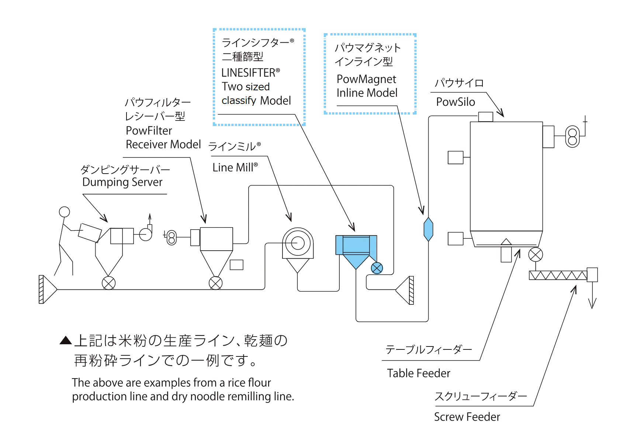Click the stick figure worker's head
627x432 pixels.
tap(65, 212)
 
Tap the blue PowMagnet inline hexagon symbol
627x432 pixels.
tap(428, 229)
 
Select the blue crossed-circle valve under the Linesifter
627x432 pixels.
tap(377, 268)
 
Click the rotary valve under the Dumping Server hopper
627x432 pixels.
tap(108, 283)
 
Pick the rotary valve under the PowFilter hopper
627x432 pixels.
tap(215, 283)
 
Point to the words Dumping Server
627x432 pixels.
tap(122, 182)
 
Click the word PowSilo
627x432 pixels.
tap(455, 102)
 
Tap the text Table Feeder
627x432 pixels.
tap(419, 373)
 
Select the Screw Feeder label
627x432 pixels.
tap(467, 417)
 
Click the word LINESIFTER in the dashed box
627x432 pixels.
tap(248, 73)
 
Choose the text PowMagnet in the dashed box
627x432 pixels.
tap(366, 79)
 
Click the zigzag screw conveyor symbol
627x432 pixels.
tap(558, 275)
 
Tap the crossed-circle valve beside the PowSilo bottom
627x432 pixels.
tap(535, 254)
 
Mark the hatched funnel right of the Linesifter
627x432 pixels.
tap(405, 290)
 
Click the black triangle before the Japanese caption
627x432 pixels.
tap(66, 340)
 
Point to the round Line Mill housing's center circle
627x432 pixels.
tap(297, 243)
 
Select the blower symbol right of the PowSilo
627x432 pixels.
tap(572, 137)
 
